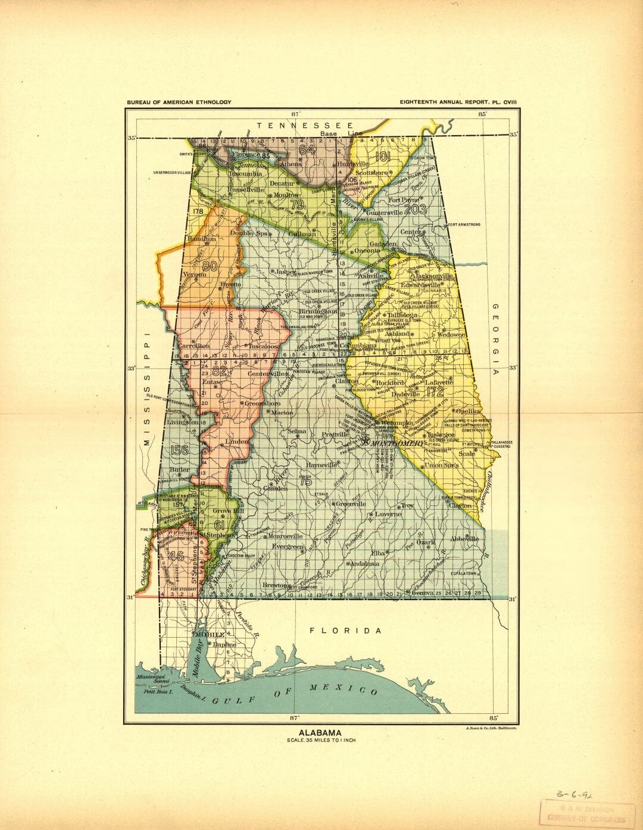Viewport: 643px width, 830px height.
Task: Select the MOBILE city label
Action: click(x=209, y=635)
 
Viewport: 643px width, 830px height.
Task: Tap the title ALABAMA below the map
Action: click(x=320, y=733)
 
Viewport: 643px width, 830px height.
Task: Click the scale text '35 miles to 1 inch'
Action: click(x=320, y=741)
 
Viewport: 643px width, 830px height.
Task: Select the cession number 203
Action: click(x=415, y=209)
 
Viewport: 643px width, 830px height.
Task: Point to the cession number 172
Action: click(x=435, y=391)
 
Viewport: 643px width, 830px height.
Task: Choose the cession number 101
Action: click(x=383, y=157)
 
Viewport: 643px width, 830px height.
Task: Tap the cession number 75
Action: click(x=305, y=481)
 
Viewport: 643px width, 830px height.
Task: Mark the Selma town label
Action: click(x=297, y=431)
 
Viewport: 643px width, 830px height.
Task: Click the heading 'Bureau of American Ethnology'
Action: click(x=179, y=102)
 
